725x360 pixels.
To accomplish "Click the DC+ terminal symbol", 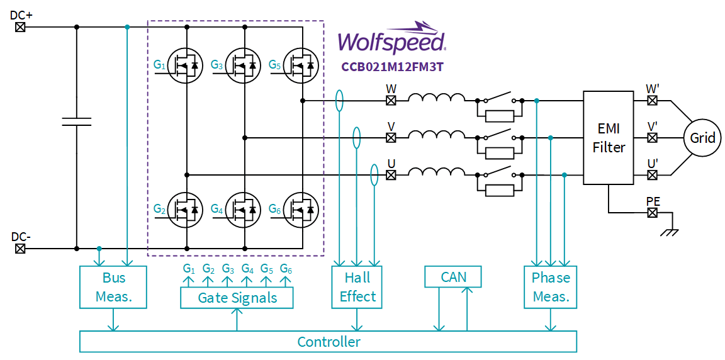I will (20, 27).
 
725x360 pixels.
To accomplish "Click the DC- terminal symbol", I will (20, 249).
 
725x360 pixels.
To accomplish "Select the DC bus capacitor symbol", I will (76, 121).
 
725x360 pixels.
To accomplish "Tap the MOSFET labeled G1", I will (186, 65).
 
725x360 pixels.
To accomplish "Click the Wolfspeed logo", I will (391, 39).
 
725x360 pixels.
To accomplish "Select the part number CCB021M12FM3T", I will (391, 66).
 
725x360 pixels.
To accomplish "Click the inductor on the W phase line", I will (437, 99).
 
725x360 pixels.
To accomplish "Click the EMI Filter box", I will (608, 138).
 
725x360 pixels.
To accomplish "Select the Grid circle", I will (702, 137).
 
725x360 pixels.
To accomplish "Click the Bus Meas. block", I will (113, 287).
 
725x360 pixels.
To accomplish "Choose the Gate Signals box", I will (237, 298).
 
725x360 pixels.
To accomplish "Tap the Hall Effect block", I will (357, 287).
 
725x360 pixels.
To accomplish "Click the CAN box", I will (453, 277).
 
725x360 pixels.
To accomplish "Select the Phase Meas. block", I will (550, 287).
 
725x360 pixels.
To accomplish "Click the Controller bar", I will (328, 342).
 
